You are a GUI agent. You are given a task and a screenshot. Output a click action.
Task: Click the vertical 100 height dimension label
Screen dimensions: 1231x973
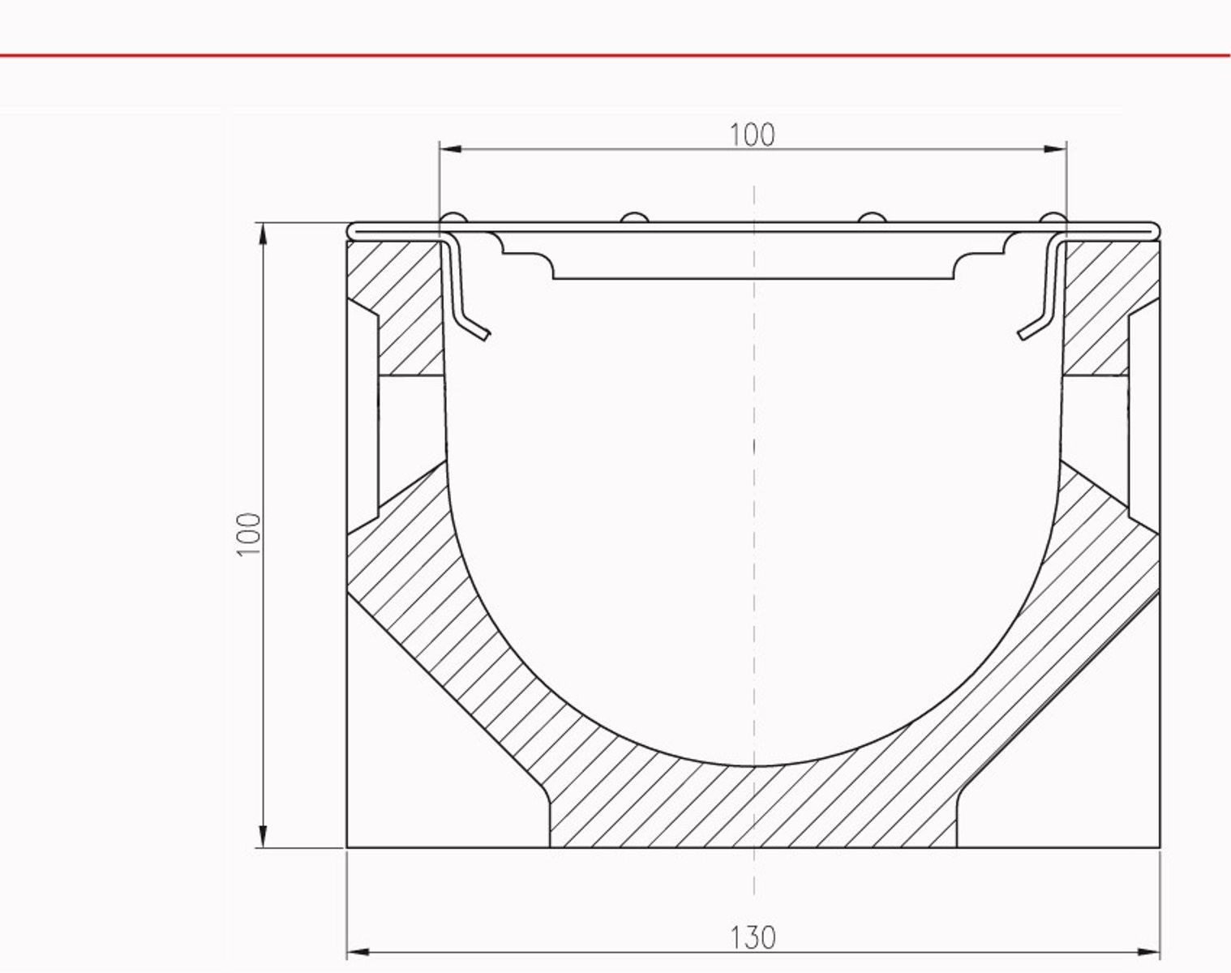click(249, 534)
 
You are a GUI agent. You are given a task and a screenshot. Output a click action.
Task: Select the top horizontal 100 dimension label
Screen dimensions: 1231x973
click(753, 135)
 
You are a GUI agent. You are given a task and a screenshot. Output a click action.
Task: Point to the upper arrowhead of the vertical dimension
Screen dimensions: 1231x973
click(263, 234)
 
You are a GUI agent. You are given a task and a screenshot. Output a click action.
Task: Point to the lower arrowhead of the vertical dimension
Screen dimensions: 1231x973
click(263, 836)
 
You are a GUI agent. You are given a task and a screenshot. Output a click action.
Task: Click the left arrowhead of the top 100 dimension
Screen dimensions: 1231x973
click(451, 149)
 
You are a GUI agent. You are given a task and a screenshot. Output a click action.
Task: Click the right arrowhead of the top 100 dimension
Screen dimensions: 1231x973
click(1055, 149)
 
